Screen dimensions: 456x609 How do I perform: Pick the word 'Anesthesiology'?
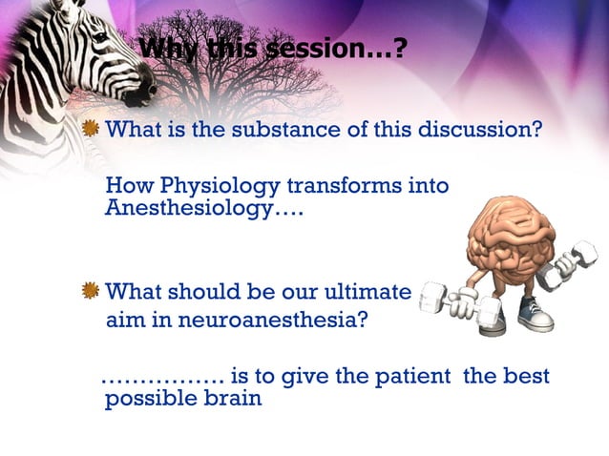click(x=188, y=209)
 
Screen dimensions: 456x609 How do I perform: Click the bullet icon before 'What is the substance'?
click(x=91, y=130)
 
